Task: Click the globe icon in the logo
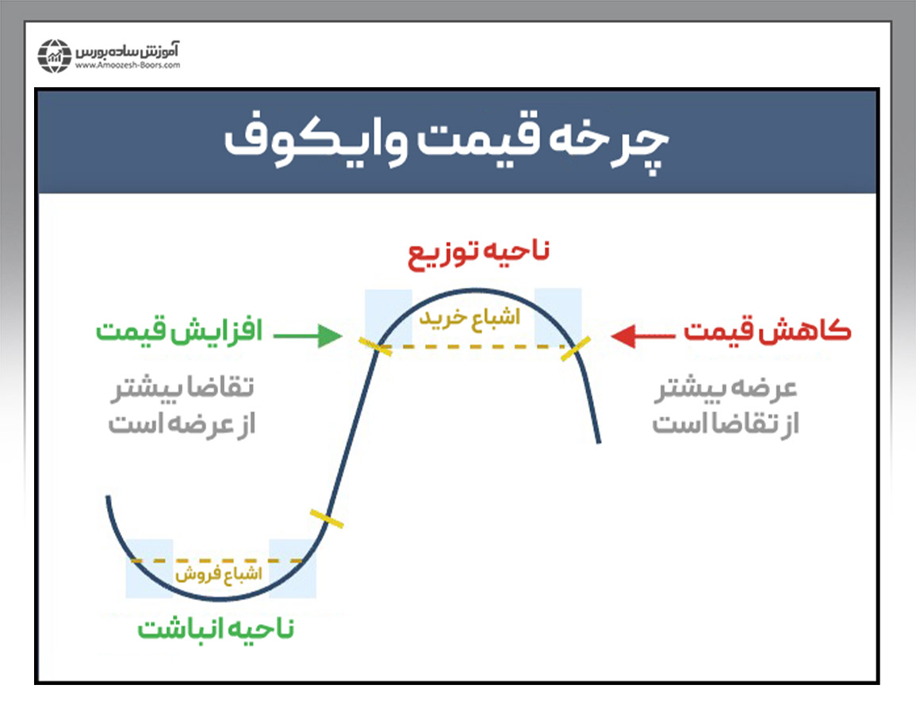click(55, 56)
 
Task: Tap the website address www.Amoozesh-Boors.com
click(128, 66)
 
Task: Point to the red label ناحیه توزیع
click(478, 253)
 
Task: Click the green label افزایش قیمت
click(179, 331)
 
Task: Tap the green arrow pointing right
click(308, 335)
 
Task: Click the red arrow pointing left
click(642, 336)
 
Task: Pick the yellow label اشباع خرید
click(469, 317)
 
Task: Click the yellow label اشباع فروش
click(218, 574)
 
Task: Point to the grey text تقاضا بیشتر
click(182, 388)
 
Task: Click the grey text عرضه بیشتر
click(725, 388)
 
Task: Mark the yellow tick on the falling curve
click(576, 349)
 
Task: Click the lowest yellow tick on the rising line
click(327, 519)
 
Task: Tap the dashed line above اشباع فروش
click(217, 561)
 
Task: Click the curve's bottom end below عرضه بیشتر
click(598, 442)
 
